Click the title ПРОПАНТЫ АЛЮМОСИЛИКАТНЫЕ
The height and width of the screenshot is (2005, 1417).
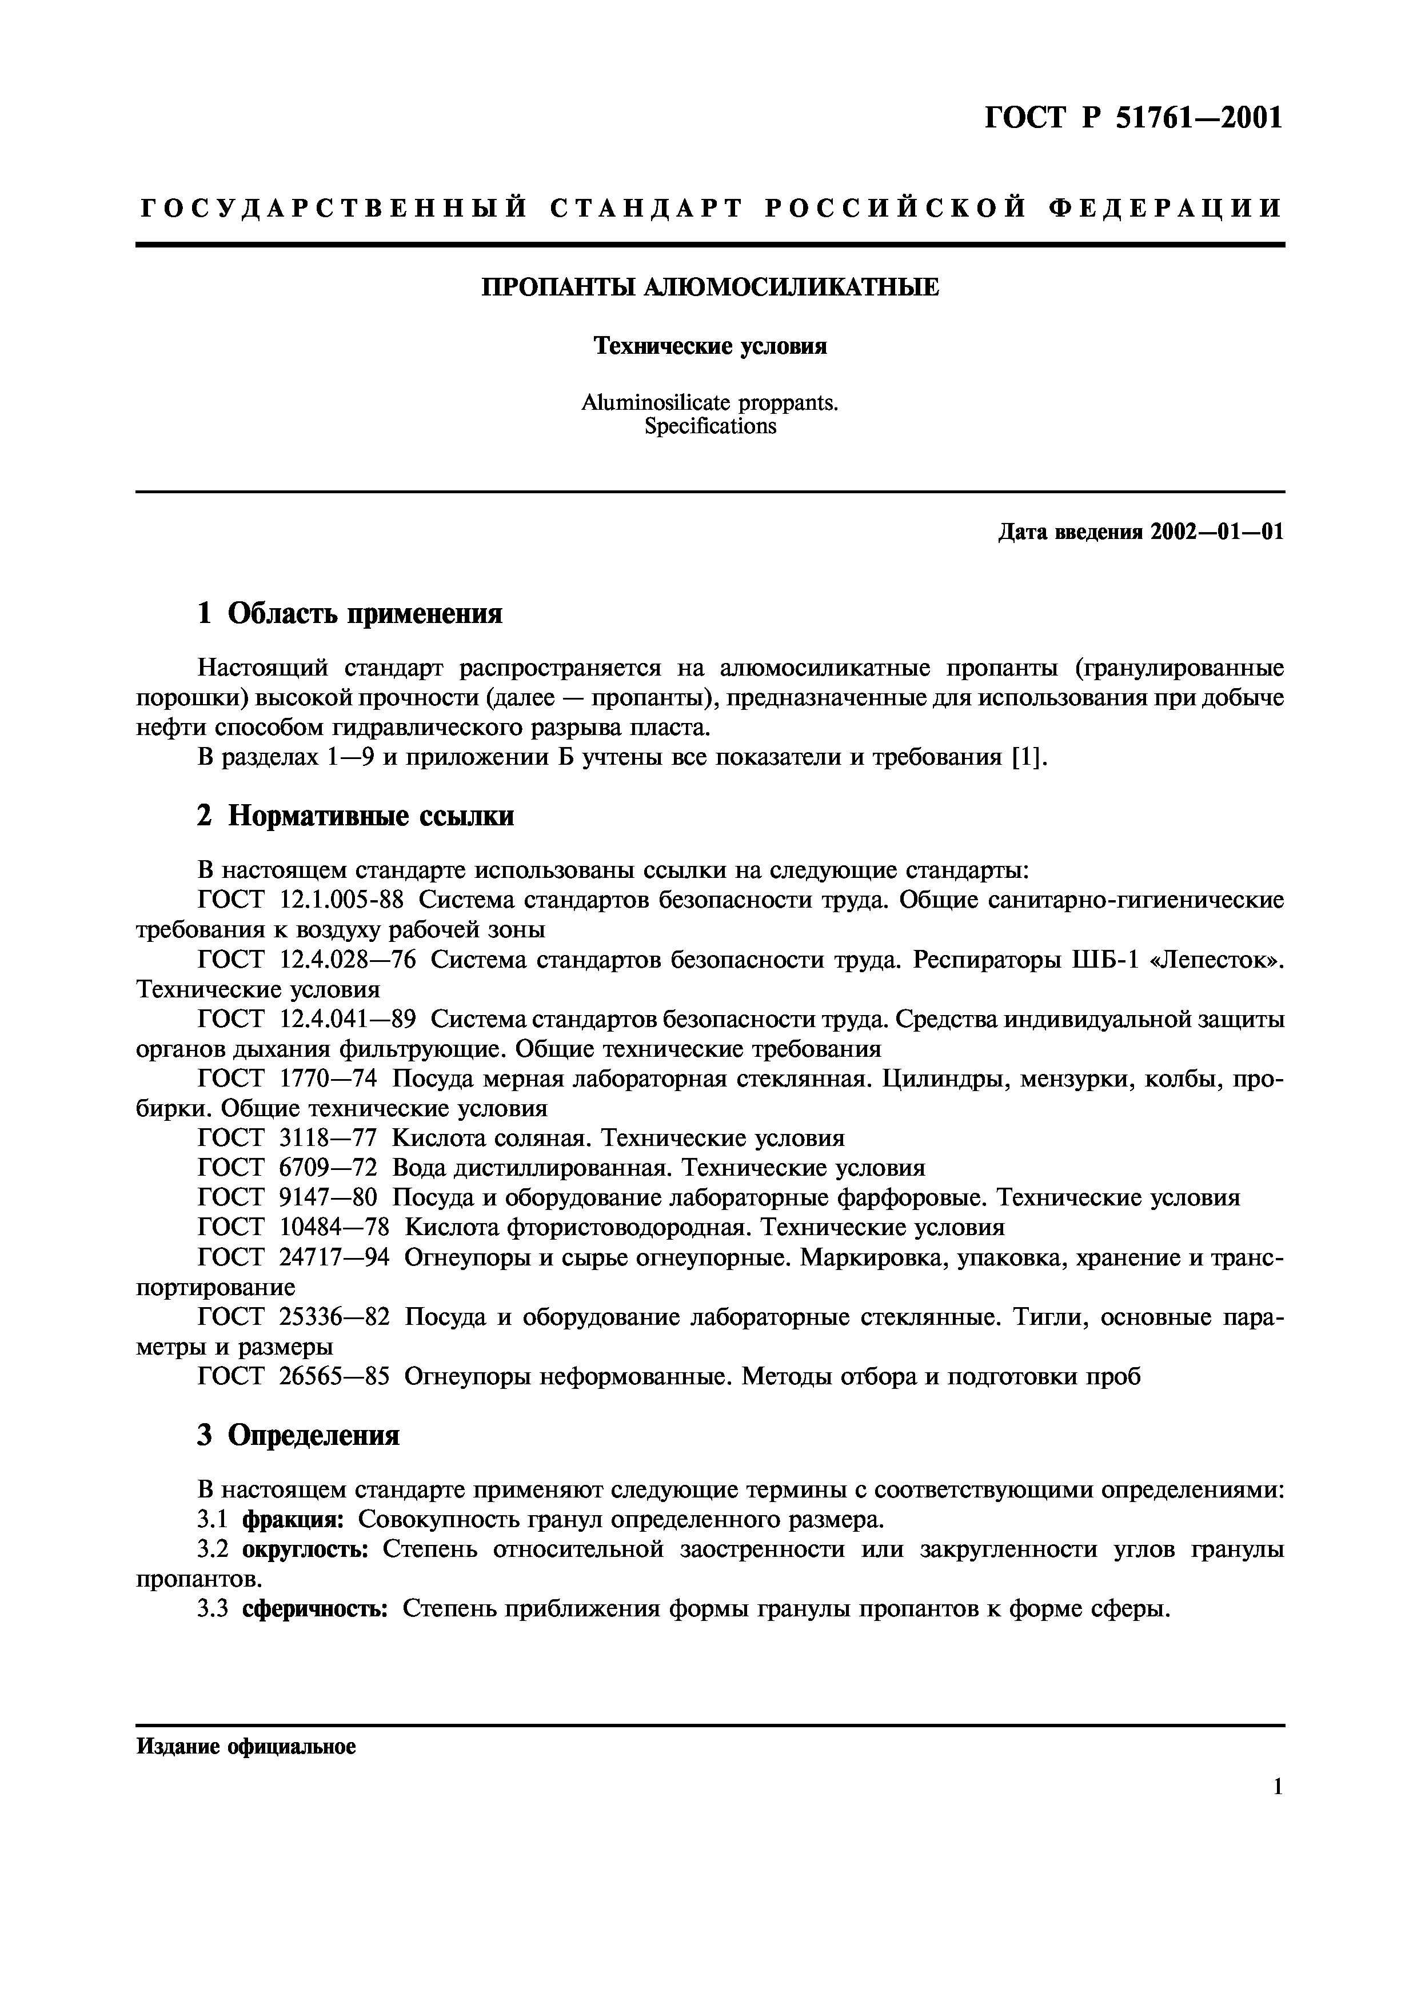point(710,287)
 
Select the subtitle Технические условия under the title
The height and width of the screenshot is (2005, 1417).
point(710,347)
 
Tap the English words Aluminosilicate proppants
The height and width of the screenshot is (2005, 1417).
point(710,404)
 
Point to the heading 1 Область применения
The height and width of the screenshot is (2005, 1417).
point(350,614)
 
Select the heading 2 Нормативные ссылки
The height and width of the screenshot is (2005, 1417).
point(356,817)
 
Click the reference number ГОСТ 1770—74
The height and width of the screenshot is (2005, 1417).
point(288,1079)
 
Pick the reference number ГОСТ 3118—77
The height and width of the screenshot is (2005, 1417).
point(288,1139)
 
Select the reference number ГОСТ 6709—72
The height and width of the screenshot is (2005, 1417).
point(288,1168)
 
